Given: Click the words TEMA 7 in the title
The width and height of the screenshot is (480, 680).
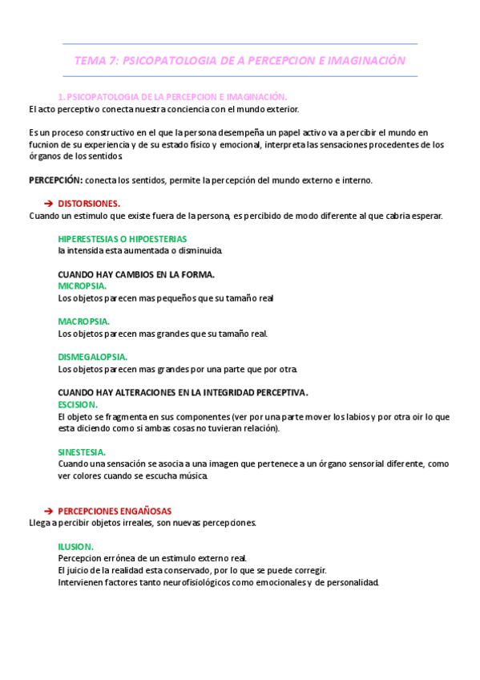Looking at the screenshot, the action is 95,60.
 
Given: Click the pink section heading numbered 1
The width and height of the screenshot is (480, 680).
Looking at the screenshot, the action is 172,96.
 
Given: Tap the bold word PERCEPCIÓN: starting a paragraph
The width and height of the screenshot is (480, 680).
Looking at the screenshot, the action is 55,180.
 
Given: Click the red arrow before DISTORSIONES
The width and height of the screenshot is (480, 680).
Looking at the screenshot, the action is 47,204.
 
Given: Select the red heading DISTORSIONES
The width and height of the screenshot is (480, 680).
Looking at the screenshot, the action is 89,204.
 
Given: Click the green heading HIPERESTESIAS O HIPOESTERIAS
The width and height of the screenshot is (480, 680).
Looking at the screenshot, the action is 122,239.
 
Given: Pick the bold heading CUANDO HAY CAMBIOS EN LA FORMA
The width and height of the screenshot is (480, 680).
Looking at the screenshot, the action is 136,274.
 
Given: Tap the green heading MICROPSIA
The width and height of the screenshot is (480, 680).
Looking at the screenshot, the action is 83,285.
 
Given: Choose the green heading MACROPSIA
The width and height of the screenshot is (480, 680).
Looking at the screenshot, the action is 83,322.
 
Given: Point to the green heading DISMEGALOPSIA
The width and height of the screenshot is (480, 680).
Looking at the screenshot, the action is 93,357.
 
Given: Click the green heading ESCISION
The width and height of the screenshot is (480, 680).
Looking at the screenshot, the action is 78,405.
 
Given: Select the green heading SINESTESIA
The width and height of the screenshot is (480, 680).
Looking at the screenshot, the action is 83,452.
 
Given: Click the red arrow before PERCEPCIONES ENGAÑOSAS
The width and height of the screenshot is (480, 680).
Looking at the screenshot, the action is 47,511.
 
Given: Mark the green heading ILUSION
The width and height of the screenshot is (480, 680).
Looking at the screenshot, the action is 75,546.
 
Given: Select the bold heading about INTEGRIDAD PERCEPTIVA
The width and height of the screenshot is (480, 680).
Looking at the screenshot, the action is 183,393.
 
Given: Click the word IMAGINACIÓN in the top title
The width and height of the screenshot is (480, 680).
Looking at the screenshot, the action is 365,60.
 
